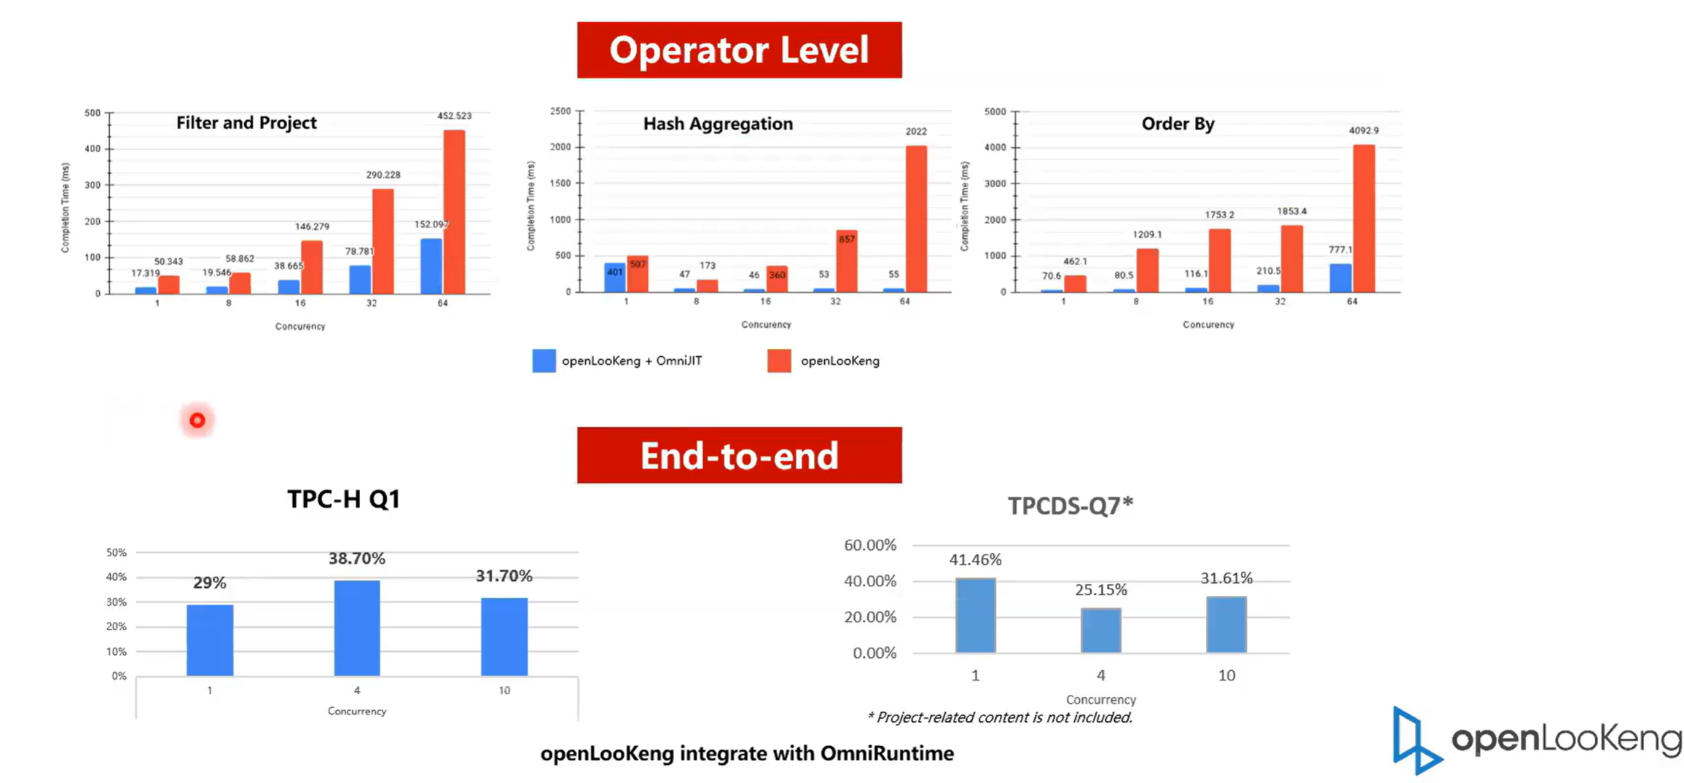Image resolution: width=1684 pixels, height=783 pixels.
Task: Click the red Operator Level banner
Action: tap(739, 50)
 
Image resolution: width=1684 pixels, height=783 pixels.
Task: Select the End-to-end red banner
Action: tap(739, 455)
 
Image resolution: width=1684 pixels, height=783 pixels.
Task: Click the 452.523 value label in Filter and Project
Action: tap(454, 116)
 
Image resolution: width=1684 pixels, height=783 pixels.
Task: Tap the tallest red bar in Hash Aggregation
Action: tap(916, 219)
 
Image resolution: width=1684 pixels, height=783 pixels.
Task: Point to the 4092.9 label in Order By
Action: tap(1363, 130)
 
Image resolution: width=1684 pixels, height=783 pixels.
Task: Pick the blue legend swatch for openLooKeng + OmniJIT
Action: tap(544, 361)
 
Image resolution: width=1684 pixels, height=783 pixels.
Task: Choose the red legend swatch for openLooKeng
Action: tap(779, 361)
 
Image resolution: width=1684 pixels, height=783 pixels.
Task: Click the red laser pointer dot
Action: tap(197, 420)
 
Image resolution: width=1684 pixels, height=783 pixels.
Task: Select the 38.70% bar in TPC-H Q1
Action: tap(356, 628)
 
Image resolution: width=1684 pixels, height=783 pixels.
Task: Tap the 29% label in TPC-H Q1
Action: tap(209, 583)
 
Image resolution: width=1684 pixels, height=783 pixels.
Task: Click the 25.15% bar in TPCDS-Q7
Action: tap(1100, 630)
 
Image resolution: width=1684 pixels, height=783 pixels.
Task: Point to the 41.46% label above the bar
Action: tap(975, 559)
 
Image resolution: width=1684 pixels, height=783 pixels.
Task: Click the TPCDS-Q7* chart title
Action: tap(1070, 505)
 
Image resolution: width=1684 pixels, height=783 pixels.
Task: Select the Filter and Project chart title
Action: tap(246, 122)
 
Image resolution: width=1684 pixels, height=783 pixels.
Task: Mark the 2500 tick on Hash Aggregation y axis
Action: tap(560, 111)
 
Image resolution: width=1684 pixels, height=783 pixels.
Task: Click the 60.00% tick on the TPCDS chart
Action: tap(869, 545)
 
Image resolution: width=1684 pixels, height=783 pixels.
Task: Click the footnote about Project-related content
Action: tap(1000, 717)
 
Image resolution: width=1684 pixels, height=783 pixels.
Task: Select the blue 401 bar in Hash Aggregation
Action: tap(614, 278)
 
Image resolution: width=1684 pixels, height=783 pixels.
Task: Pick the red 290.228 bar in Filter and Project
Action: tap(383, 241)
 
